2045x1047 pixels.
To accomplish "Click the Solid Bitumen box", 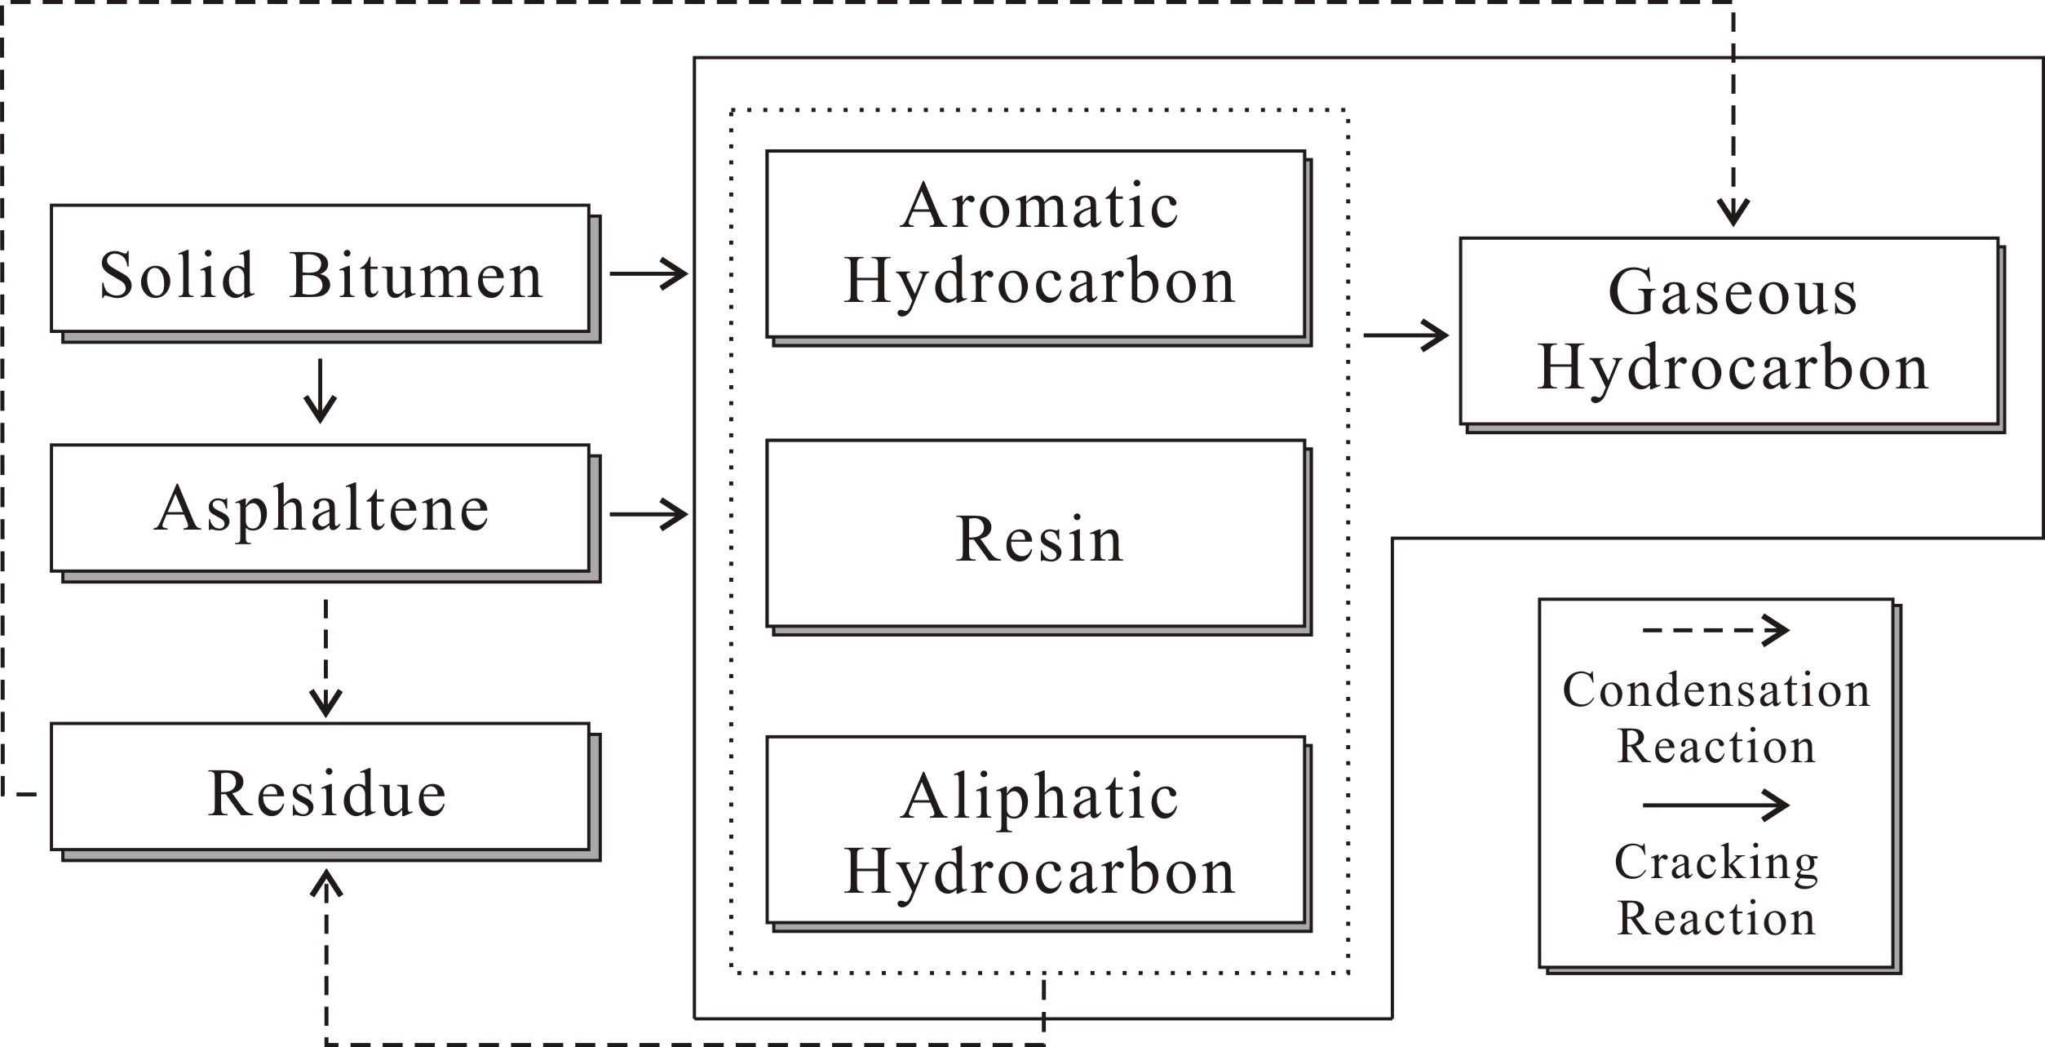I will [x=320, y=268].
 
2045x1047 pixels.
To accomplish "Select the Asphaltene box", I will [x=320, y=508].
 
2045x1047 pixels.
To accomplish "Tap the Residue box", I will [x=320, y=787].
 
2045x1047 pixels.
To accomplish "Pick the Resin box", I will [x=1036, y=534].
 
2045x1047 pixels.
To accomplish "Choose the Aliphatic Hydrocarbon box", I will [x=1036, y=830].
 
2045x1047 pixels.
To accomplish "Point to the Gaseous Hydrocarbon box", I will [x=1729, y=331].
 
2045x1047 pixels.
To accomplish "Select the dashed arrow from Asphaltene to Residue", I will [x=325, y=658].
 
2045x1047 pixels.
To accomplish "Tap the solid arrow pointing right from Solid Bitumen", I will [x=648, y=273].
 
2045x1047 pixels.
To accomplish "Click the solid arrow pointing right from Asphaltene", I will [x=648, y=514].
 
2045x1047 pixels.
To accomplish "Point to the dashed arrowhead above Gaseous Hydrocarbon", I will [x=1733, y=212].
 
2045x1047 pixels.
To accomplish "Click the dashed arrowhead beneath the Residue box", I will [x=326, y=885].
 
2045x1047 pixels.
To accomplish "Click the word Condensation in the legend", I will [x=1716, y=690].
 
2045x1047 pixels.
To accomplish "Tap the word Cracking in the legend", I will [x=1716, y=863].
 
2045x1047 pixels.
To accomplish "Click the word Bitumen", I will [x=416, y=275].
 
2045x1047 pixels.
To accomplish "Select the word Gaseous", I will [x=1733, y=292].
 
